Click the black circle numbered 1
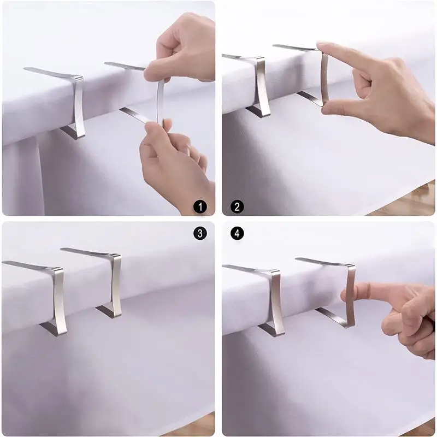(200, 207)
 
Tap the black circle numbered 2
(237, 207)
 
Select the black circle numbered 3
(200, 233)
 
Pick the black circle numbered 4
(237, 233)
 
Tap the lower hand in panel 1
(175, 164)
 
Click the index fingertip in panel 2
(321, 45)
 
